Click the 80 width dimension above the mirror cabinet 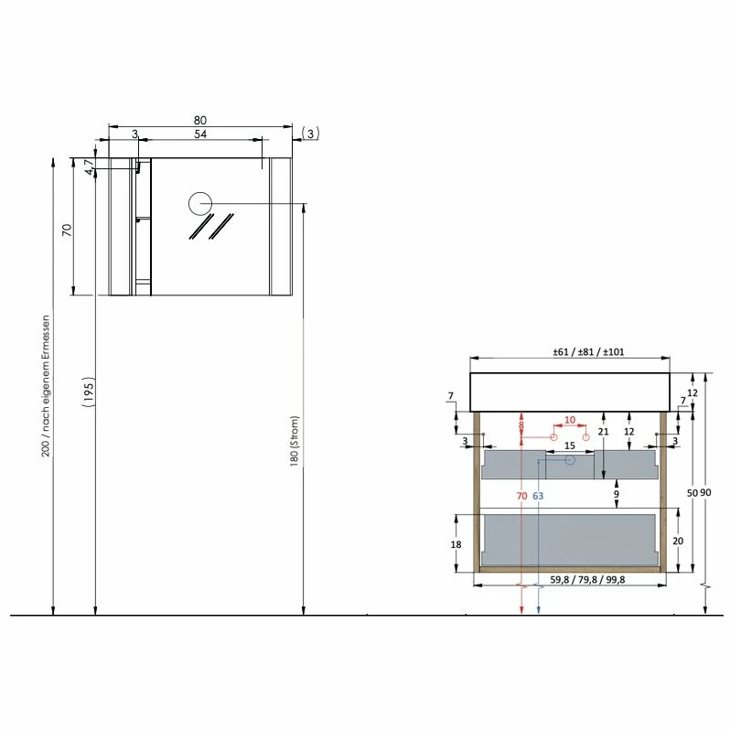[x=199, y=120]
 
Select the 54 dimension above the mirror [x=200, y=134]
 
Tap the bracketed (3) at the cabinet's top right [x=310, y=134]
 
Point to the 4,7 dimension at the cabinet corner [x=90, y=167]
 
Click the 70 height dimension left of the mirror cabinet [x=66, y=230]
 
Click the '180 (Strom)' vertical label [x=295, y=442]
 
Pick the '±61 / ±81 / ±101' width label [x=570, y=353]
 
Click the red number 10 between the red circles [x=569, y=421]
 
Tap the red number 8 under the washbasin [x=521, y=425]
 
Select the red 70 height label [x=521, y=496]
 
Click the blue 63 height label [x=538, y=496]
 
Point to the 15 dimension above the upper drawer [x=569, y=446]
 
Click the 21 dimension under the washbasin [x=603, y=432]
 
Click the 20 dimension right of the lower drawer [x=678, y=541]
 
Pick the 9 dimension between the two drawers [x=617, y=495]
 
